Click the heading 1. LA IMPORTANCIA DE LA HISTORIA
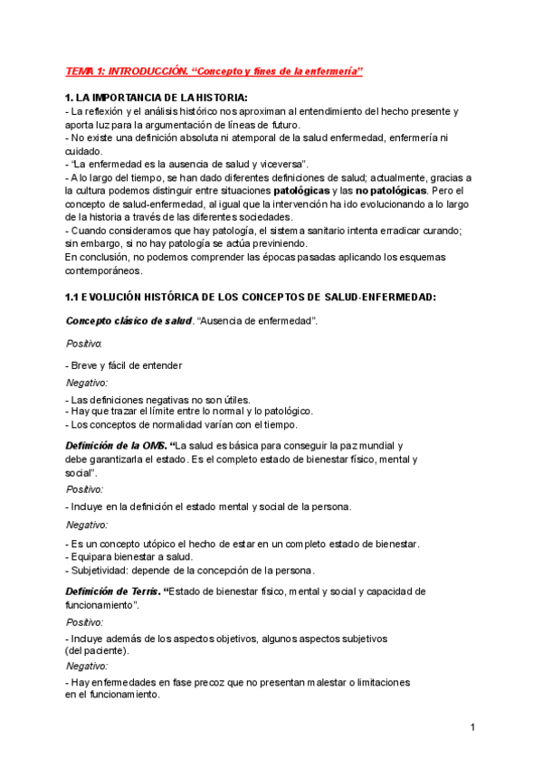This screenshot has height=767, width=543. [x=156, y=98]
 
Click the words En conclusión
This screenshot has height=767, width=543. [x=96, y=257]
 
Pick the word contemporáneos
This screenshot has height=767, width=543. [x=103, y=270]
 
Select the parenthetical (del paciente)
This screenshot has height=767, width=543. [x=97, y=650]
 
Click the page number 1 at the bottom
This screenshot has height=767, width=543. [x=472, y=726]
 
